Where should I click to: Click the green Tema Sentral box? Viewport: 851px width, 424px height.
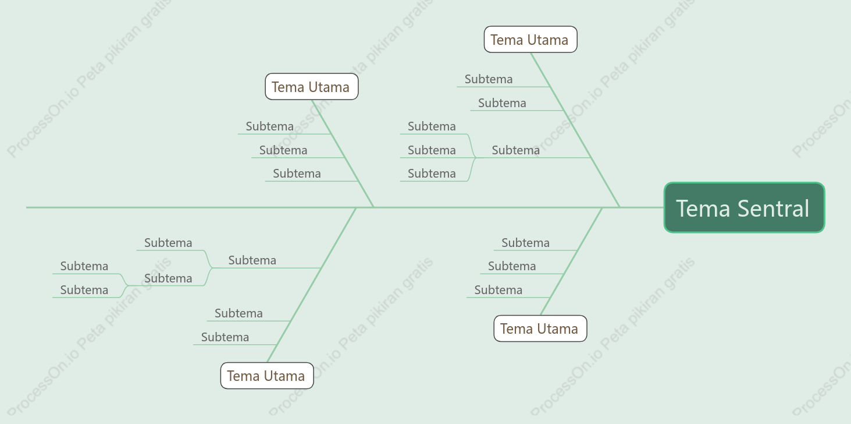coord(744,207)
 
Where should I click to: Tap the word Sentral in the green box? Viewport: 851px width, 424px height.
coord(773,209)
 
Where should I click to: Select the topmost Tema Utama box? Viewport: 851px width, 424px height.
coord(530,40)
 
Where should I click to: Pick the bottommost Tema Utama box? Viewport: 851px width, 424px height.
coord(266,376)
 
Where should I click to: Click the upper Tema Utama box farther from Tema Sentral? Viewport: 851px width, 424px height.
coord(312,87)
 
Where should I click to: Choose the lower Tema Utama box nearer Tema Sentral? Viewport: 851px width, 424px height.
coord(540,328)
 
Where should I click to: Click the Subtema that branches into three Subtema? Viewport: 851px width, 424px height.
coord(515,150)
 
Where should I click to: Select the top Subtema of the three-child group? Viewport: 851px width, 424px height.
coord(432,126)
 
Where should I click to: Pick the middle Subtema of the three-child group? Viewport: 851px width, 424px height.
coord(432,150)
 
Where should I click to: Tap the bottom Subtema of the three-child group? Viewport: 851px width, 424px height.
coord(432,174)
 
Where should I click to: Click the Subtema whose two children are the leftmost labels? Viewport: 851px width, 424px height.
coord(168,278)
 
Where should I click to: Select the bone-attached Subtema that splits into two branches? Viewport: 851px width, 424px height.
coord(252,260)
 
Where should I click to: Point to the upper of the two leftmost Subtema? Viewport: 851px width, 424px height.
coord(84,266)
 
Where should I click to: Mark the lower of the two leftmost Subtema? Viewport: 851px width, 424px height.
coord(84,290)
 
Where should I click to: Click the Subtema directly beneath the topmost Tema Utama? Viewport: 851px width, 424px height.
coord(488,79)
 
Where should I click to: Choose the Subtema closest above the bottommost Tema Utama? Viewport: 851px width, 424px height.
coord(225,337)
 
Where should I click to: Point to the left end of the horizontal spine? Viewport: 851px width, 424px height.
coord(26,207)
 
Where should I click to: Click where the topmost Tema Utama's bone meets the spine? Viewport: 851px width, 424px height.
coord(619,207)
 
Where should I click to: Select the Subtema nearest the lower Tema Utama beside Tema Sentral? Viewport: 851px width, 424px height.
coord(498,290)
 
